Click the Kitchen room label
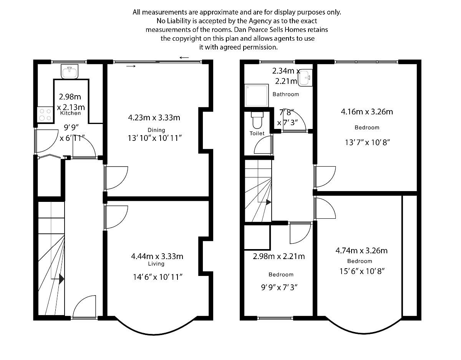click(71, 113)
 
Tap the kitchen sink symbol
click(70, 71)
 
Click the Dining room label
click(156, 130)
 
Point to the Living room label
click(156, 264)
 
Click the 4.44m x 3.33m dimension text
click(157, 256)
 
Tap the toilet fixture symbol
click(257, 120)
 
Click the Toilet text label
click(257, 133)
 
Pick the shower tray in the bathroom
click(256, 95)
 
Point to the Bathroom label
click(285, 94)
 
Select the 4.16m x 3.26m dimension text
click(366, 112)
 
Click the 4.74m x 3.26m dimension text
click(361, 251)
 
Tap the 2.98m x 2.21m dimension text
click(279, 256)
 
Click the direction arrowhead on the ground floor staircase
click(61, 279)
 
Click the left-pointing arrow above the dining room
click(184, 58)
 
